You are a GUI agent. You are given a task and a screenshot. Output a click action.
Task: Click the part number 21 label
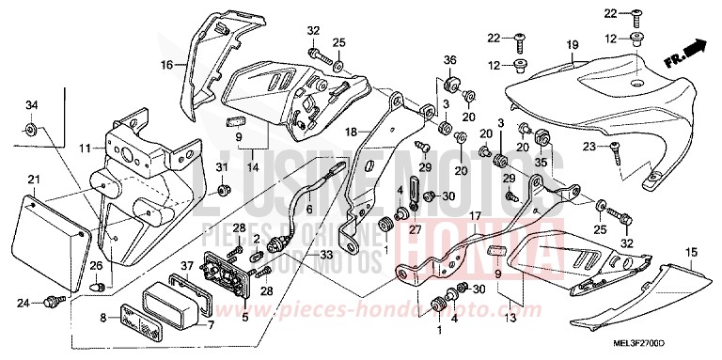coord(32,180)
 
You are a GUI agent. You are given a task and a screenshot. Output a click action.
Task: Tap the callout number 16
coord(165,66)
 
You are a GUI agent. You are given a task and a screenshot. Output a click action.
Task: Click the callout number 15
coord(691,253)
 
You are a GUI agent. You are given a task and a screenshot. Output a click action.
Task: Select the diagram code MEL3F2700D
coord(673,349)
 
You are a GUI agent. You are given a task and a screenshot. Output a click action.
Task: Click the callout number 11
coord(86,149)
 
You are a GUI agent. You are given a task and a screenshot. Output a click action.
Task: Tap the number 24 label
coord(23,303)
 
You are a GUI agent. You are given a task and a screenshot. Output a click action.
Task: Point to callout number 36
coord(450,61)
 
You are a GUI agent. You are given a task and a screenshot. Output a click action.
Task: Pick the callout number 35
coord(541,162)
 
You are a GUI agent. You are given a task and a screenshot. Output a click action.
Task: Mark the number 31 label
coord(223,168)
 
